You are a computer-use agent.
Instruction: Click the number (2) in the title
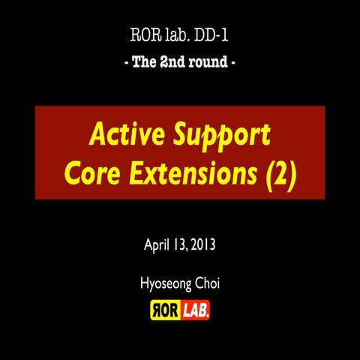[x=278, y=173]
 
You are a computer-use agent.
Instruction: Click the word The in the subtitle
[x=142, y=61]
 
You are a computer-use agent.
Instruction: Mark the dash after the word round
[x=235, y=62]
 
